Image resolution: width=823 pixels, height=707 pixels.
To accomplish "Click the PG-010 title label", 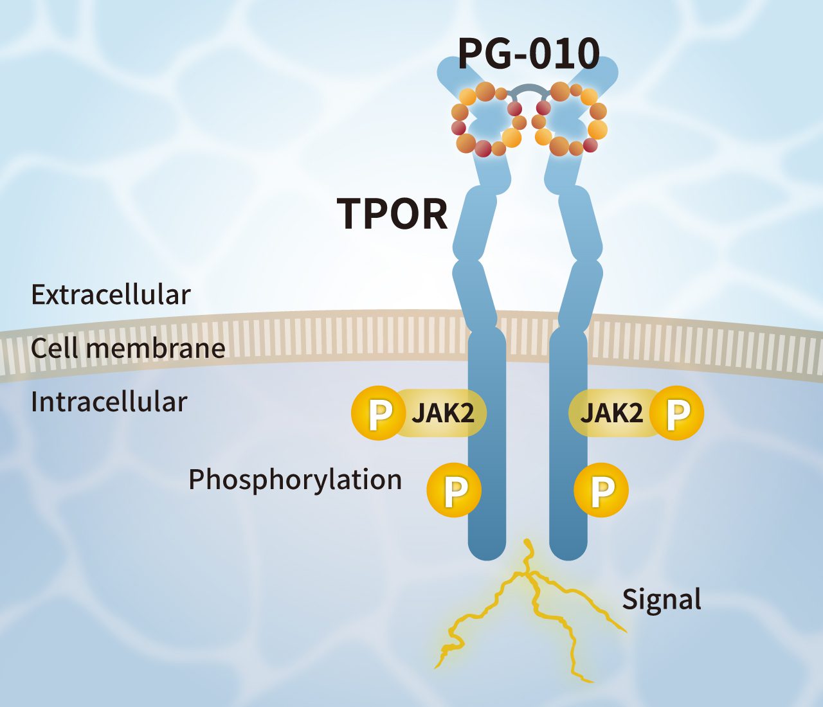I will (529, 54).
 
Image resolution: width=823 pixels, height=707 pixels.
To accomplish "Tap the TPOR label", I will (392, 213).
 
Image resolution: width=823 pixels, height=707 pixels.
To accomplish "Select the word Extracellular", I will (111, 295).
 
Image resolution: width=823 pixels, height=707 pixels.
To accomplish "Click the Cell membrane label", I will (128, 348).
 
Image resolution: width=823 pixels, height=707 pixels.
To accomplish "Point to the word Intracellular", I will (109, 402).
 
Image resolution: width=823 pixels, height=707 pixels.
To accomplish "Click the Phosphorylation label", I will (295, 479).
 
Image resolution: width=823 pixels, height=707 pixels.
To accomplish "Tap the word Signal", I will (661, 599).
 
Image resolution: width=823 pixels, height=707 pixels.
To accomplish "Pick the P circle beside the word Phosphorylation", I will (455, 490).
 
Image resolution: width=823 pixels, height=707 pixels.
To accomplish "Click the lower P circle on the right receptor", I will (601, 490).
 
